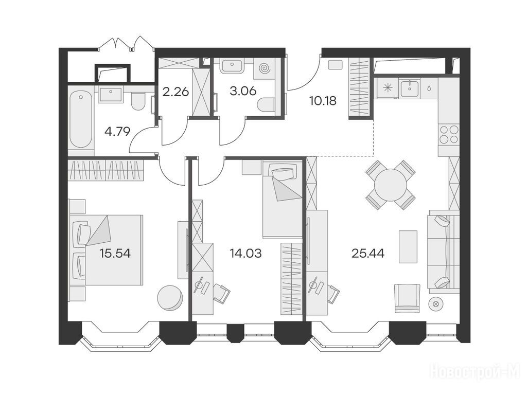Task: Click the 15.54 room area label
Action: point(115,253)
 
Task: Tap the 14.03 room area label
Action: point(245,253)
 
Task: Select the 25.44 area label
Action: point(368,253)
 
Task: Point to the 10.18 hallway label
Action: point(323,100)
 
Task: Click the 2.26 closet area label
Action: point(175,92)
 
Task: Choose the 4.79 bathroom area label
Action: point(117,131)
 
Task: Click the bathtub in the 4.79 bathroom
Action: point(81,120)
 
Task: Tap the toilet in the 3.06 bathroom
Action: point(267,104)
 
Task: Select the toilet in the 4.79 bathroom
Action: point(137,101)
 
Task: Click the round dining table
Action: point(391,185)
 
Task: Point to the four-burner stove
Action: point(449,134)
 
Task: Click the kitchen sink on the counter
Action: point(410,88)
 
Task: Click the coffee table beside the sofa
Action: point(408,246)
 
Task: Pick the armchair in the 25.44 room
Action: point(407,298)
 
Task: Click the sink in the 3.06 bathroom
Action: point(232,66)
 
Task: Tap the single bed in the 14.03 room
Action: point(282,200)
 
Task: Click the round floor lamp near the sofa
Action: point(436,304)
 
